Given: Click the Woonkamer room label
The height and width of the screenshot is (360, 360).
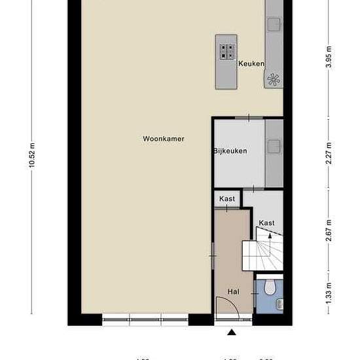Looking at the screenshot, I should pos(164,139).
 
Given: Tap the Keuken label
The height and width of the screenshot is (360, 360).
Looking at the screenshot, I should pos(251,63).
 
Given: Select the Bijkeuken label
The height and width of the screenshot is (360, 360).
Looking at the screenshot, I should pos(230,151).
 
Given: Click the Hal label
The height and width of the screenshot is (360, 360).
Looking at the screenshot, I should pos(233,291).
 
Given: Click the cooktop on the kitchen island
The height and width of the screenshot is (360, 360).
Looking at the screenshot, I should pos(226,50).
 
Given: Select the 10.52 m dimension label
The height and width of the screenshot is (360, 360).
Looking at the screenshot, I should pos(31,155).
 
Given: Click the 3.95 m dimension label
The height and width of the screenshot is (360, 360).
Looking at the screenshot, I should pos(329,58).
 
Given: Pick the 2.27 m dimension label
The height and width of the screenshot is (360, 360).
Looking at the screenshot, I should pos(329,153).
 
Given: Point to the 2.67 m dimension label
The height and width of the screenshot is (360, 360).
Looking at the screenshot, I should pos(329,231).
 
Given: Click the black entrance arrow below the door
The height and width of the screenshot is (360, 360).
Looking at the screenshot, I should pos(232,333).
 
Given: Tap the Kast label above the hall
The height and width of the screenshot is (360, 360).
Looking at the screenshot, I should pos(227,199).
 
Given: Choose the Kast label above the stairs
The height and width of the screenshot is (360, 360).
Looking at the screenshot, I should pos(266,223).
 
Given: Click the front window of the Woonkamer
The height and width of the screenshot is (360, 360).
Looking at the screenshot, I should pos(145,321).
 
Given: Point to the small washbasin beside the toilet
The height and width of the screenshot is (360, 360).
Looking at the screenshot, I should pos(280,302).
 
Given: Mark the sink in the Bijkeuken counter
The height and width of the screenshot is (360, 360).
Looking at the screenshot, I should pos(274,143).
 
